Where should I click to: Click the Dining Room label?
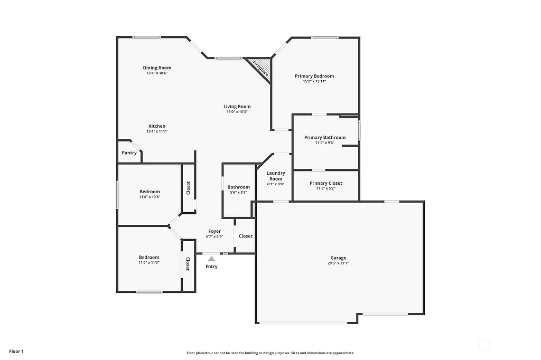(157, 68)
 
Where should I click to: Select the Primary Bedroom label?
(314, 76)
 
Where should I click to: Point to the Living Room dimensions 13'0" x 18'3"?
(237, 112)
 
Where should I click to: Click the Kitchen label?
(157, 126)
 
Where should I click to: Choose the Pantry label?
(129, 153)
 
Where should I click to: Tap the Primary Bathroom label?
(325, 137)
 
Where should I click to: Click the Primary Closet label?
(326, 183)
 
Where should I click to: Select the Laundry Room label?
(276, 176)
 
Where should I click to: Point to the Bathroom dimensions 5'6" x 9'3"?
(239, 193)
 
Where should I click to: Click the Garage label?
(338, 258)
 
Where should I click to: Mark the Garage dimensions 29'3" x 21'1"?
(338, 263)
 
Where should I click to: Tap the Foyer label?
(214, 231)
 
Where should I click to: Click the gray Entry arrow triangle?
(211, 259)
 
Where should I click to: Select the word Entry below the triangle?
(211, 267)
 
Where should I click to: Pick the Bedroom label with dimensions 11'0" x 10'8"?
(150, 192)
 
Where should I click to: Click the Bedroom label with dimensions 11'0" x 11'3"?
(149, 257)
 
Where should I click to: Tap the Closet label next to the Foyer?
(246, 236)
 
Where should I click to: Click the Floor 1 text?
(16, 351)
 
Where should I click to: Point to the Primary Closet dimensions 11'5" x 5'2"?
(326, 188)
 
